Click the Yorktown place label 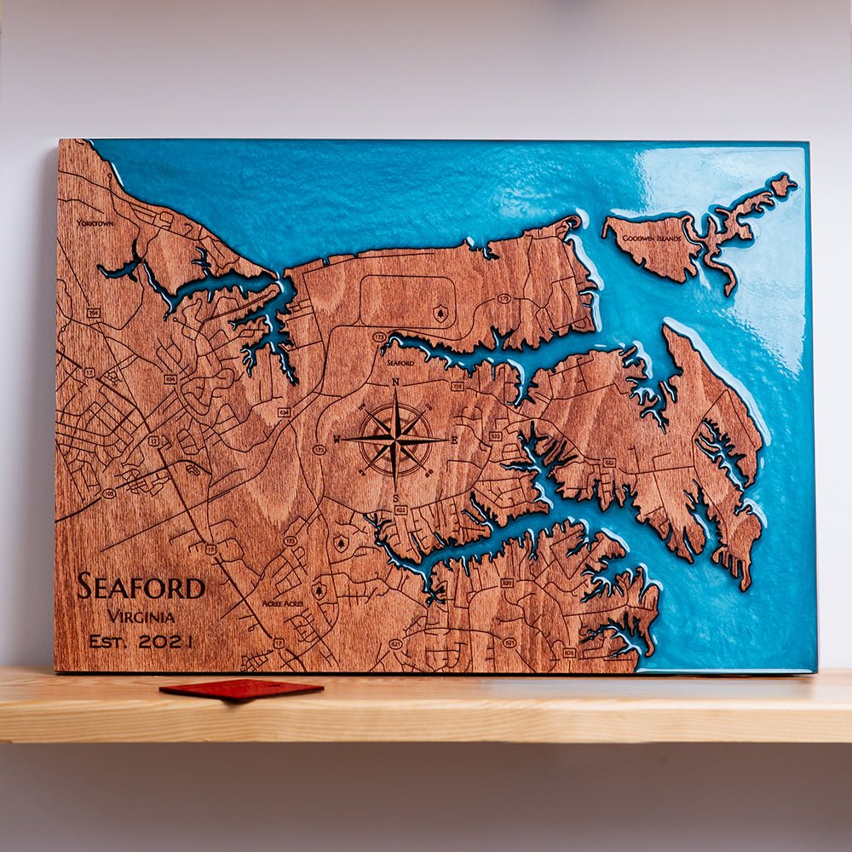[95, 223]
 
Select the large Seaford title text [141, 587]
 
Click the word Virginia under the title [141, 617]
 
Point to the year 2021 [165, 642]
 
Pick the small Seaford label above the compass [400, 363]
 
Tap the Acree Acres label [282, 602]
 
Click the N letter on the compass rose [395, 383]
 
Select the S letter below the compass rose [395, 498]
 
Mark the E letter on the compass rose [454, 440]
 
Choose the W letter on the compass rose [337, 440]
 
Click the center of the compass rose [395, 440]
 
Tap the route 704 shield [92, 313]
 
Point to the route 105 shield [108, 493]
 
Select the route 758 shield [457, 386]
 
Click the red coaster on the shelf [241, 688]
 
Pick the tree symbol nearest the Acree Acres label [321, 588]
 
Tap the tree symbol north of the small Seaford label [440, 314]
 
